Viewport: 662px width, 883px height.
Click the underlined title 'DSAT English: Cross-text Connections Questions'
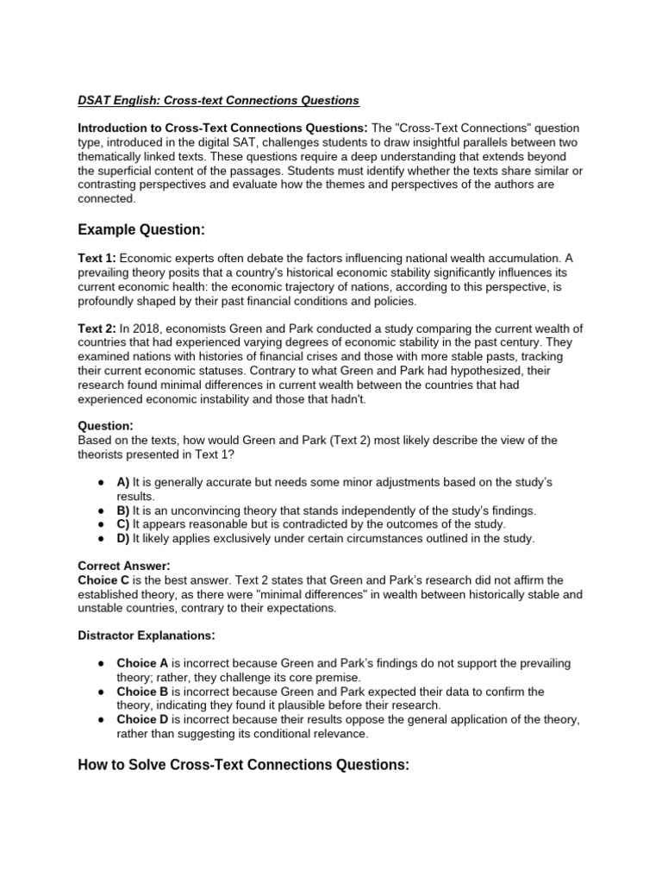click(x=218, y=101)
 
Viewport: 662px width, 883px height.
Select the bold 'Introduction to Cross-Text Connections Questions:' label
click(x=223, y=128)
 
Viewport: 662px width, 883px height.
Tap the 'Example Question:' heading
click(x=142, y=229)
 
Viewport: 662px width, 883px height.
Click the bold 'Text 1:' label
click(x=97, y=258)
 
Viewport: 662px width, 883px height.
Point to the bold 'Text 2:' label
click(x=97, y=329)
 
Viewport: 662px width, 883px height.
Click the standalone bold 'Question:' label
click(x=105, y=425)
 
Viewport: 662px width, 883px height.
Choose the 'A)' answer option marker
click(x=123, y=483)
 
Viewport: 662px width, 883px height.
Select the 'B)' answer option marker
click(x=123, y=510)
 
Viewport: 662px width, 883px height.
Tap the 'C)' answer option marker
click(x=123, y=524)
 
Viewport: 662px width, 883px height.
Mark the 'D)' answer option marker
click(x=123, y=538)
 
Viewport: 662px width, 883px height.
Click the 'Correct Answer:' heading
click(x=124, y=566)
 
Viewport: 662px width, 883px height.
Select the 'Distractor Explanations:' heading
click(x=146, y=636)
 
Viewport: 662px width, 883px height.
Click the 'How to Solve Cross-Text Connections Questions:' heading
click(x=243, y=765)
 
